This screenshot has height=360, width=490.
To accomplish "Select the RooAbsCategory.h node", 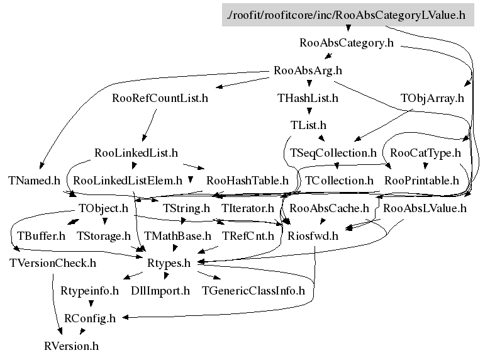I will pyautogui.click(x=346, y=43).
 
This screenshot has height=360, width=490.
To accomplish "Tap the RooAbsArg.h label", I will pyautogui.click(x=308, y=70).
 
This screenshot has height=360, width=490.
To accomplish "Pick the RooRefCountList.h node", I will pyautogui.click(x=160, y=98).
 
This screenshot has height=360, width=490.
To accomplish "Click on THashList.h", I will pyautogui.click(x=308, y=98).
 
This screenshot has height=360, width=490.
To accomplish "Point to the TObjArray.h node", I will pyautogui.click(x=432, y=98).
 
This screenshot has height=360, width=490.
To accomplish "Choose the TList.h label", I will pyautogui.click(x=308, y=125).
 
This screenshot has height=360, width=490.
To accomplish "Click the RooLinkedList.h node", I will pyautogui.click(x=136, y=153).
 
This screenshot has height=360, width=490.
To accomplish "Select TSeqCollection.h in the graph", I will pyautogui.click(x=333, y=153).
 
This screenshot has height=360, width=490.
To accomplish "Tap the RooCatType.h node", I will pyautogui.click(x=426, y=153).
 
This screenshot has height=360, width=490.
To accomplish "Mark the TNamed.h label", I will pyautogui.click(x=34, y=181).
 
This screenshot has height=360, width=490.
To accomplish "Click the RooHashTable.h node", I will pyautogui.click(x=247, y=181).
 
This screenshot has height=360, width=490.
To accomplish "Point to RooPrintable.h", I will pyautogui.click(x=426, y=181).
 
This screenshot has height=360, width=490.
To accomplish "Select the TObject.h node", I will pyautogui.click(x=103, y=208).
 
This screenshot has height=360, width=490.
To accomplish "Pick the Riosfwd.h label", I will pyautogui.click(x=313, y=237).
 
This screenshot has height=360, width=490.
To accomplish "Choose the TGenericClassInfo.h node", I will pyautogui.click(x=252, y=291).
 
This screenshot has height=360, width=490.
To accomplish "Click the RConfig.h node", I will pyautogui.click(x=90, y=318).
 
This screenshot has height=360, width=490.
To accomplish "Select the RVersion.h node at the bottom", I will pyautogui.click(x=71, y=346).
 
